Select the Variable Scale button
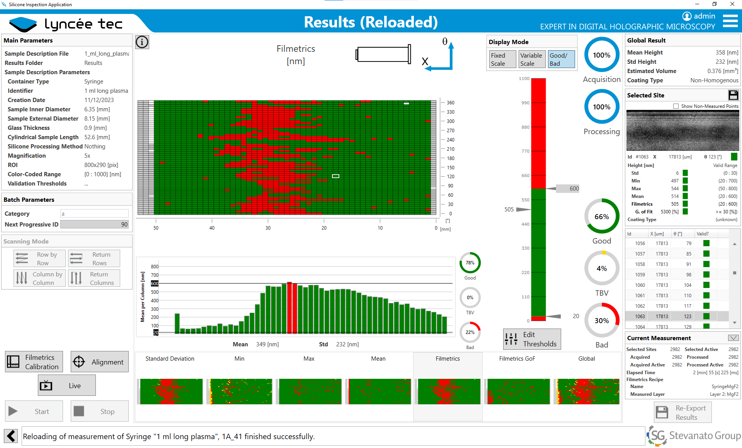531,59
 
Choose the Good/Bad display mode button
561,59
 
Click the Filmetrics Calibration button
34,362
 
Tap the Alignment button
100,362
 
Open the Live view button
66,385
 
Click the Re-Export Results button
682,412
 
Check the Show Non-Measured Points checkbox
676,106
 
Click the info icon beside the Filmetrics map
142,42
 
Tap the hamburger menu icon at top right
730,21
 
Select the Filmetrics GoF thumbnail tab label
517,359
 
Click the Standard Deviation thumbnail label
170,359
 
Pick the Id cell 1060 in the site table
640,285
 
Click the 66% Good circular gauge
602,216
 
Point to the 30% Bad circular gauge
602,320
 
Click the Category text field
94,214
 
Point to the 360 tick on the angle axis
450,103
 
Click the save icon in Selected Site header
733,95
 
